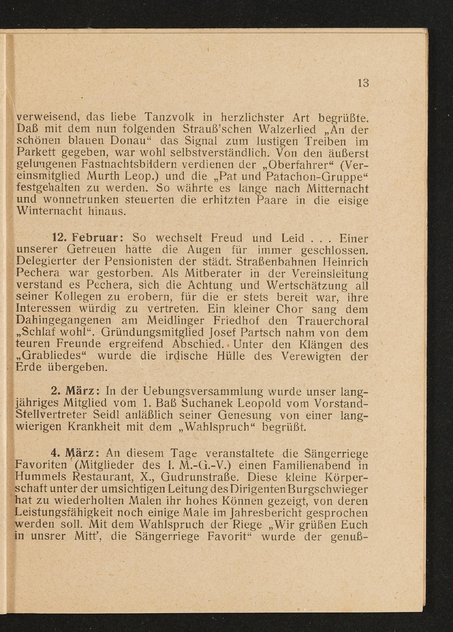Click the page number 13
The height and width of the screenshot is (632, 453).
coord(363,83)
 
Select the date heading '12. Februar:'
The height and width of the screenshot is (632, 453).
coord(88,238)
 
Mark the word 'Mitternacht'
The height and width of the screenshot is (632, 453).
coord(337,189)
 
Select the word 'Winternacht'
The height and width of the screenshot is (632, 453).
coord(49,212)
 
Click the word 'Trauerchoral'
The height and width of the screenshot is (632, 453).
coord(332,321)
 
